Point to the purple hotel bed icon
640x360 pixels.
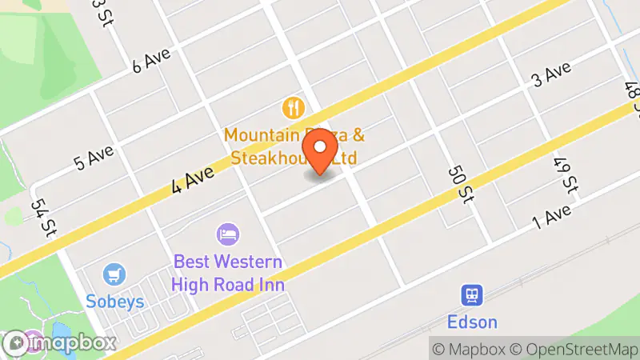click(228, 234)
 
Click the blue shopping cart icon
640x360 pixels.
click(113, 274)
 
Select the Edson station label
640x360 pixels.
click(473, 322)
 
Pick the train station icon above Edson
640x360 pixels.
click(471, 295)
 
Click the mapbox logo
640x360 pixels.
click(59, 344)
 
